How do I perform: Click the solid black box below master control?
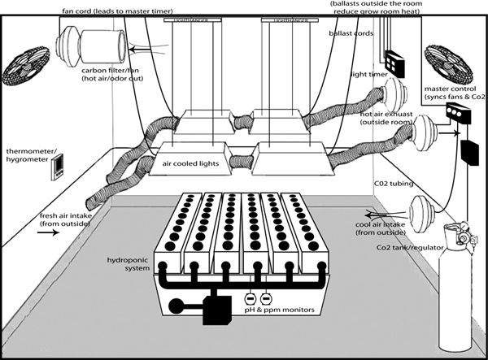(470, 151)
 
